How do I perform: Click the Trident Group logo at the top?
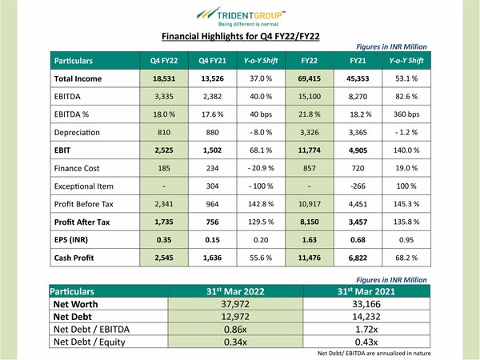click(241, 16)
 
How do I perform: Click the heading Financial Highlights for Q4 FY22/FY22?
click(240, 37)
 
